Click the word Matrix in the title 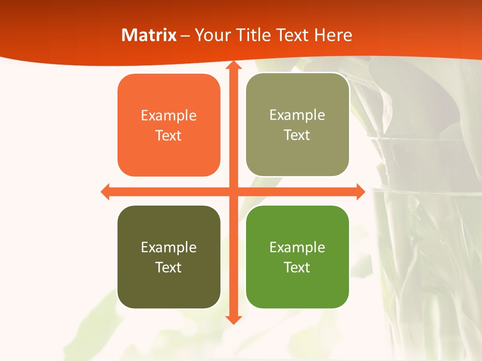pyautogui.click(x=149, y=35)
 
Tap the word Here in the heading pyautogui.click(x=333, y=35)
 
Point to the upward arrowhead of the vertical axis pyautogui.click(x=233, y=66)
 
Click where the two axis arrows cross pyautogui.click(x=233, y=192)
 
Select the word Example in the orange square pyautogui.click(x=169, y=116)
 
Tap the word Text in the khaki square pyautogui.click(x=297, y=135)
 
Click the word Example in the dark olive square pyautogui.click(x=169, y=247)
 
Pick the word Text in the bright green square pyautogui.click(x=297, y=267)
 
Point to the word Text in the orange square pyautogui.click(x=169, y=136)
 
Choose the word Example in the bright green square pyautogui.click(x=297, y=247)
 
